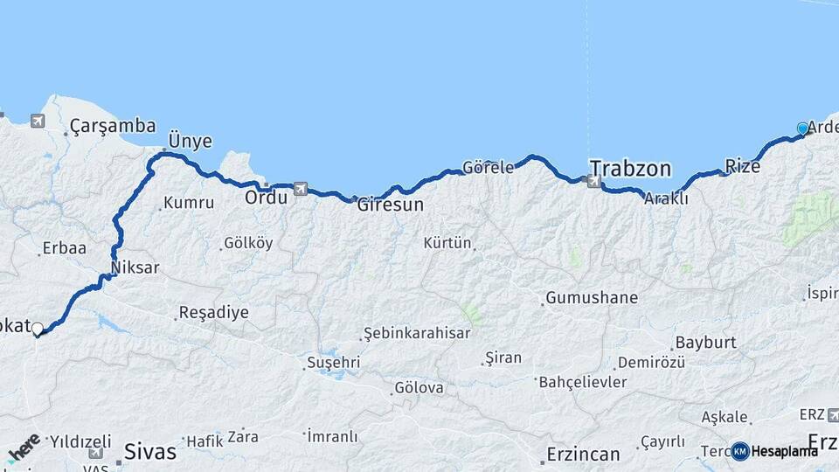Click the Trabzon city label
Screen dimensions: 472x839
pyautogui.click(x=629, y=168)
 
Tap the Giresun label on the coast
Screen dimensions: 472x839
pyautogui.click(x=390, y=206)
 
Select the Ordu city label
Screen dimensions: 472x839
pyautogui.click(x=266, y=198)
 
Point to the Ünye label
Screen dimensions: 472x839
pyautogui.click(x=191, y=142)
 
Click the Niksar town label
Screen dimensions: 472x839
pyautogui.click(x=135, y=267)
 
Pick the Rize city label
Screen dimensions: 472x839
pyautogui.click(x=742, y=166)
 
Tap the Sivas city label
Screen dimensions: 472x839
pyautogui.click(x=150, y=452)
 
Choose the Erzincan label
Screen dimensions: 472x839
pyautogui.click(x=583, y=455)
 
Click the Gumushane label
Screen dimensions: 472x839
pyautogui.click(x=592, y=298)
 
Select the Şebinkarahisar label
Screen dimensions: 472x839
pyautogui.click(x=417, y=333)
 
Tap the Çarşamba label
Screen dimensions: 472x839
pyautogui.click(x=113, y=126)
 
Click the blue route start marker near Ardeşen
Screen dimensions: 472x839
pyautogui.click(x=802, y=128)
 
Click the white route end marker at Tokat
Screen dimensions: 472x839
pyautogui.click(x=38, y=329)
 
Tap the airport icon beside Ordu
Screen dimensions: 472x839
pyautogui.click(x=301, y=188)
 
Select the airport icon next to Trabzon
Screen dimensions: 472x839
pyautogui.click(x=594, y=182)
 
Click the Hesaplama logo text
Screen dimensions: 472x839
pyautogui.click(x=784, y=451)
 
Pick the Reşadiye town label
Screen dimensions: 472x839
pyautogui.click(x=213, y=312)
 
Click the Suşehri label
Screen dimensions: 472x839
pyautogui.click(x=332, y=362)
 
